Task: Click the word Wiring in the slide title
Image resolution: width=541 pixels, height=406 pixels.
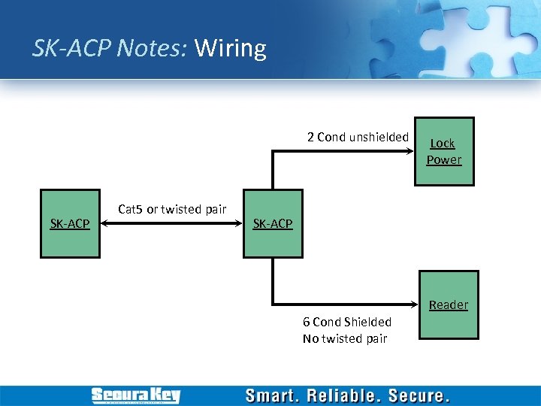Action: click(230, 49)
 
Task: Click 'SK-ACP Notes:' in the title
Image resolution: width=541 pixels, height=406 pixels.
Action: click(110, 49)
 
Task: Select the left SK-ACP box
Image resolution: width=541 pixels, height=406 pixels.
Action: click(70, 223)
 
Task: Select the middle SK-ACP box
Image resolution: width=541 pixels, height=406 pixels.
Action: click(273, 223)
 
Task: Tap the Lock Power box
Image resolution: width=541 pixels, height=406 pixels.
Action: click(444, 151)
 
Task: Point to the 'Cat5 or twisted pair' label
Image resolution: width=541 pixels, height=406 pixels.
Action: click(172, 209)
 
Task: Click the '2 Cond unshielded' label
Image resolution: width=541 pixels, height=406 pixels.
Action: click(358, 137)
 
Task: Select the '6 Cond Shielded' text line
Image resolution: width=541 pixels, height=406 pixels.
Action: click(346, 322)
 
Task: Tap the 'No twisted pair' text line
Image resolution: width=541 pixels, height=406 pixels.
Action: click(345, 338)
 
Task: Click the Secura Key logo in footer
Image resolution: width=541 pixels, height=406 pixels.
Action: click(135, 395)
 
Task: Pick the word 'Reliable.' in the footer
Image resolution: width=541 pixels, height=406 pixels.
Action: click(347, 395)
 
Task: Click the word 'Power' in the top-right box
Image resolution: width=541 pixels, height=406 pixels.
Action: click(444, 159)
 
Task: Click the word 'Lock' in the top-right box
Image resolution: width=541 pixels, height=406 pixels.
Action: click(443, 143)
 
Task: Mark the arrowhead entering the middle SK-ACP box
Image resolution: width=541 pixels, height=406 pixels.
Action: click(238, 223)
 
